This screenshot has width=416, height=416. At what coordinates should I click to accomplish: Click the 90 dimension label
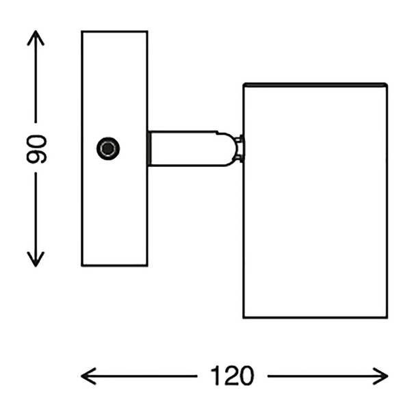[x=36, y=149]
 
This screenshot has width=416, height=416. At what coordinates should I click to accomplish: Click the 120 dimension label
[x=232, y=376]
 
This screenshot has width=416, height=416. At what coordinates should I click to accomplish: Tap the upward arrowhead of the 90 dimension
[x=36, y=38]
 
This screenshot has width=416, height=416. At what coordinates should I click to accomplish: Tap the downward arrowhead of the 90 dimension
[x=36, y=259]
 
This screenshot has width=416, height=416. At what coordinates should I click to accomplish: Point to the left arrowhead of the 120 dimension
[x=88, y=376]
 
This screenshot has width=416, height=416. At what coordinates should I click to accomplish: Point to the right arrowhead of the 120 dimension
[x=380, y=376]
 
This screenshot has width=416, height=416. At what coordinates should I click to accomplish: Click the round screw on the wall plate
[x=108, y=148]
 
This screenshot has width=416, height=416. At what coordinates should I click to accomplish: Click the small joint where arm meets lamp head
[x=239, y=149]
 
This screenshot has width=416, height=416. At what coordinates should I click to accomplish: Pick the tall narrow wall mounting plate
[x=114, y=148]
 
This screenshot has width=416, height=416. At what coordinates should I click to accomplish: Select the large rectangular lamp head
[x=315, y=200]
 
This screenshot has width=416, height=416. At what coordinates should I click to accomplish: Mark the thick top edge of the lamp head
[x=315, y=85]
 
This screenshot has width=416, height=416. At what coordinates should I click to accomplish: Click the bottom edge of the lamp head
[x=315, y=317]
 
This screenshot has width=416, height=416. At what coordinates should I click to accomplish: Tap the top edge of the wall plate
[x=114, y=31]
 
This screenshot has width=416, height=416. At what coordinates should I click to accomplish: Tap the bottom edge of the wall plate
[x=114, y=265]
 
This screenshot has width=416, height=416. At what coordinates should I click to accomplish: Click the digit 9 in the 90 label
[x=36, y=157]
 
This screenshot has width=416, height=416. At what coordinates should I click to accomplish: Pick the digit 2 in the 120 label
[x=231, y=376]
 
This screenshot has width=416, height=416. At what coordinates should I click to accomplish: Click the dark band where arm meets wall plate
[x=150, y=148]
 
